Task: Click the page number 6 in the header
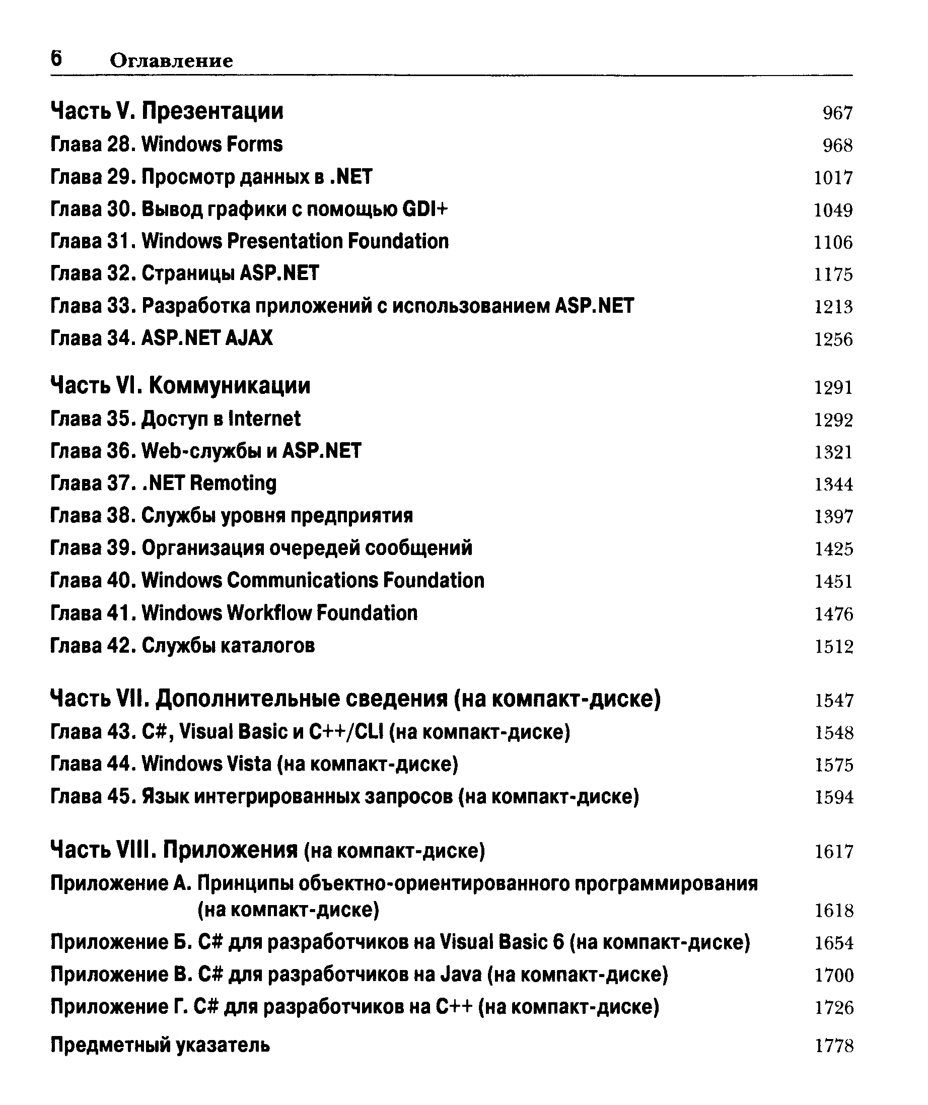pyautogui.click(x=56, y=58)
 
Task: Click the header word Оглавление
pyautogui.click(x=171, y=61)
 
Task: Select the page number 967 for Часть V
pyautogui.click(x=837, y=113)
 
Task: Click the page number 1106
pyautogui.click(x=833, y=243)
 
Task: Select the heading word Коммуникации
pyautogui.click(x=230, y=386)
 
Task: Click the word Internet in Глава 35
pyautogui.click(x=265, y=419)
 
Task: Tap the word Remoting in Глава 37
pyautogui.click(x=233, y=483)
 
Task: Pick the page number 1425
pyautogui.click(x=834, y=549)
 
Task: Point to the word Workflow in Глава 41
pyautogui.click(x=270, y=613)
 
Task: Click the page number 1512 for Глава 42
pyautogui.click(x=834, y=647)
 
